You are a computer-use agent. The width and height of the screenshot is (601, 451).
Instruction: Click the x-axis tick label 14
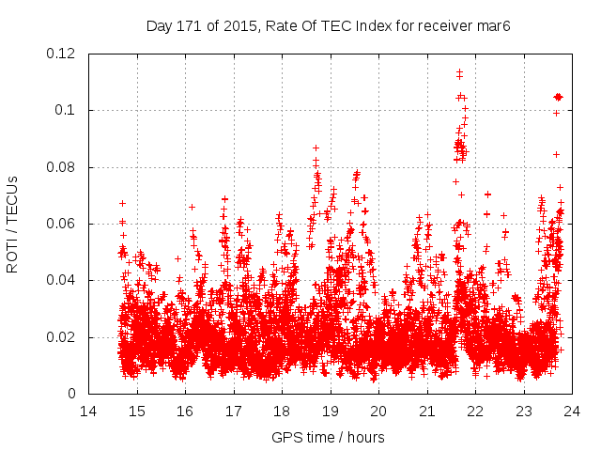click(88, 411)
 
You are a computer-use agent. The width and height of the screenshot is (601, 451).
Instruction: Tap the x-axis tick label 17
click(233, 411)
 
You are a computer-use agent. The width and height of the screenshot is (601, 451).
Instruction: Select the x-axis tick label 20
click(378, 411)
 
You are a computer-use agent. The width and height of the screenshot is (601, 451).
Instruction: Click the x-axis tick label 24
click(571, 411)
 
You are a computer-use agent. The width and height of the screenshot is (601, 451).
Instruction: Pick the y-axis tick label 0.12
click(61, 54)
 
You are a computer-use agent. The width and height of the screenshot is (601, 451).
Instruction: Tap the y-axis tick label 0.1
click(66, 110)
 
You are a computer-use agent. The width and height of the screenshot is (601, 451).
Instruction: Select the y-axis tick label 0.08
click(61, 167)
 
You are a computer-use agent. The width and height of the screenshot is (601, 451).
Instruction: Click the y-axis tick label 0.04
click(61, 280)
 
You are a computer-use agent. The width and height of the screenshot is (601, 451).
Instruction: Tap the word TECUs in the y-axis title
click(12, 197)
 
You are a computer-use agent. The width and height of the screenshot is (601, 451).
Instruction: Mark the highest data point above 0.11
click(459, 71)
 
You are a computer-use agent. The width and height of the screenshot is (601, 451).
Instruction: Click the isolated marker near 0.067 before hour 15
click(122, 203)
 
